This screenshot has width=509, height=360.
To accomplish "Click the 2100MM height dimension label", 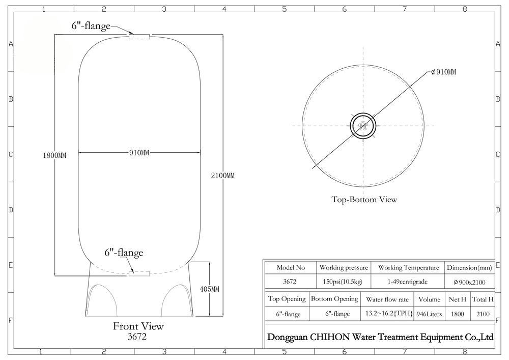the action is [222, 176].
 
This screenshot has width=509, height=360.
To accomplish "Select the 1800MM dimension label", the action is [54, 155].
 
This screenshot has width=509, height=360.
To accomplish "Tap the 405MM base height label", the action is [209, 289].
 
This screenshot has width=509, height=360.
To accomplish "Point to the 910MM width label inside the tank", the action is [139, 153].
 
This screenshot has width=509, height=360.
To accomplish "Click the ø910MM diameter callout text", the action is [443, 72].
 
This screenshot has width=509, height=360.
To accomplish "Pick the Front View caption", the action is [138, 326].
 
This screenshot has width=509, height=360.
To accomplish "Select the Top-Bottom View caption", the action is [364, 199].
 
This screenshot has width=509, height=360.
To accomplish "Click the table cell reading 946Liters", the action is [429, 314].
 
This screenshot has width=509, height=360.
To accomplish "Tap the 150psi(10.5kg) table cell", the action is [344, 282].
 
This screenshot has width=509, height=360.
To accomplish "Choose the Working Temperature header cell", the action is [408, 268].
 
